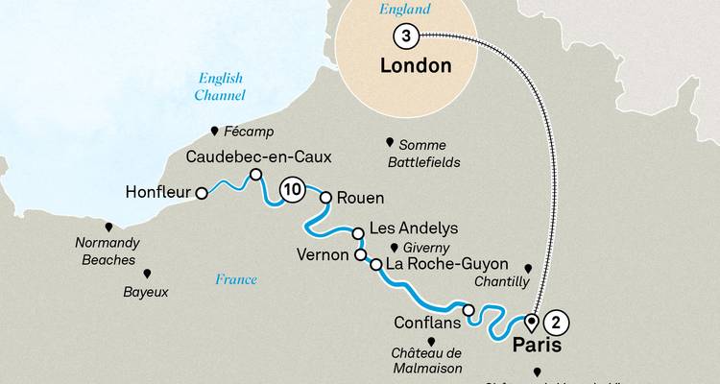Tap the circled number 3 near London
405,36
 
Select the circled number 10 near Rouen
294,190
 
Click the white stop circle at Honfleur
202,193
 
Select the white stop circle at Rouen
325,198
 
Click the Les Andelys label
405,229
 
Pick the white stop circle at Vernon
361,255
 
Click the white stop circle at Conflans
468,309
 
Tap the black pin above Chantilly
527,268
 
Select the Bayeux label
146,290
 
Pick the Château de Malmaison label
427,358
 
